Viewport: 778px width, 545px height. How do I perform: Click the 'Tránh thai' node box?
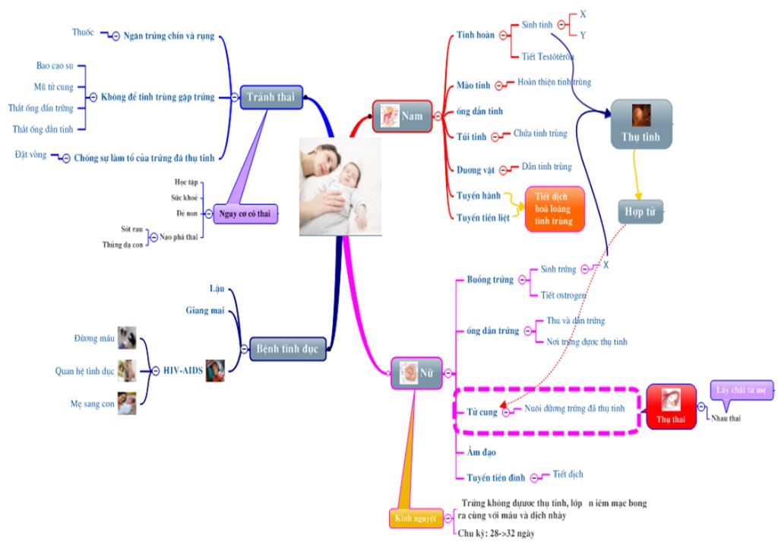[271, 97]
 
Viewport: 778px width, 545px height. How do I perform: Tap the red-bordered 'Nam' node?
[402, 116]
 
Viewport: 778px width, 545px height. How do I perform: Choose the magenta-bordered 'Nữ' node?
[416, 372]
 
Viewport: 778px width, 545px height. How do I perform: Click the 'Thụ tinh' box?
[641, 124]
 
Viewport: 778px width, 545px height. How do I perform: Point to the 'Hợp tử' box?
[640, 211]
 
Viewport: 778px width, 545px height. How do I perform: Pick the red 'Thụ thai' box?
[671, 407]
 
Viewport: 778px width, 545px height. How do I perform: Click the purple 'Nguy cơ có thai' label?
[245, 214]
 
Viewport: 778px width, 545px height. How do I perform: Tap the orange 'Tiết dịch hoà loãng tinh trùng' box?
[555, 208]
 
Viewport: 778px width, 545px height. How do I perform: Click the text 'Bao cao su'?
[55, 66]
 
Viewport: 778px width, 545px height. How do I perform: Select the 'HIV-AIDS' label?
[184, 370]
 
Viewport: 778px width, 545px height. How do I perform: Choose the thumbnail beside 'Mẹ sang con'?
[127, 404]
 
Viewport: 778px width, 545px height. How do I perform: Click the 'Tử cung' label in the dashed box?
[481, 411]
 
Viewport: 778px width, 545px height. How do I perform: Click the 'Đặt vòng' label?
[30, 155]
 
